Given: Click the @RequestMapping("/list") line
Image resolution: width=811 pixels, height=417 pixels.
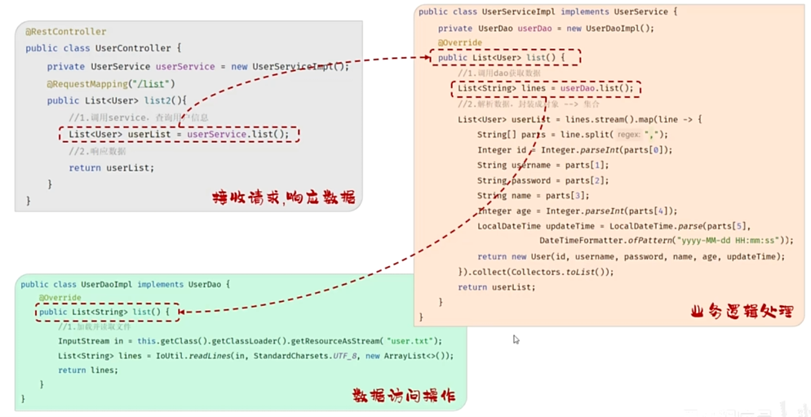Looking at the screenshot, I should point(111,84).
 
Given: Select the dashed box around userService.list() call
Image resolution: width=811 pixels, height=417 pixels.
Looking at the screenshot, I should point(179,135).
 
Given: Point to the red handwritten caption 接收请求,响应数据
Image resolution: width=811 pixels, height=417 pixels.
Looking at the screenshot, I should point(283,197).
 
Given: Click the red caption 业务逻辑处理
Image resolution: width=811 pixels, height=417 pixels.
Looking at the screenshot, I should point(741,311).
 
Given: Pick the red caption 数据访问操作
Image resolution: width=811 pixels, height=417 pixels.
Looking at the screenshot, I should point(403,396).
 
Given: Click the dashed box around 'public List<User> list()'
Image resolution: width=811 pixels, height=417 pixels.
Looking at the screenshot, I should point(506,58).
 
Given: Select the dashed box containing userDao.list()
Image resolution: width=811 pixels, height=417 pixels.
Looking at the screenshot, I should point(545,88).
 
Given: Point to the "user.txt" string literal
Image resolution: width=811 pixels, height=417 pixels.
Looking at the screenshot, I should point(414,341).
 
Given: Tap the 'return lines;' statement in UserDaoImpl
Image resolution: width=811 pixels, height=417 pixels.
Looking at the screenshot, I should point(88,370).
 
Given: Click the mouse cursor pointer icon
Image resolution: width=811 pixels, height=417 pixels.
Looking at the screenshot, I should point(516,339).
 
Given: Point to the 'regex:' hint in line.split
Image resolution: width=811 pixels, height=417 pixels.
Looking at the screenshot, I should point(629,135).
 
